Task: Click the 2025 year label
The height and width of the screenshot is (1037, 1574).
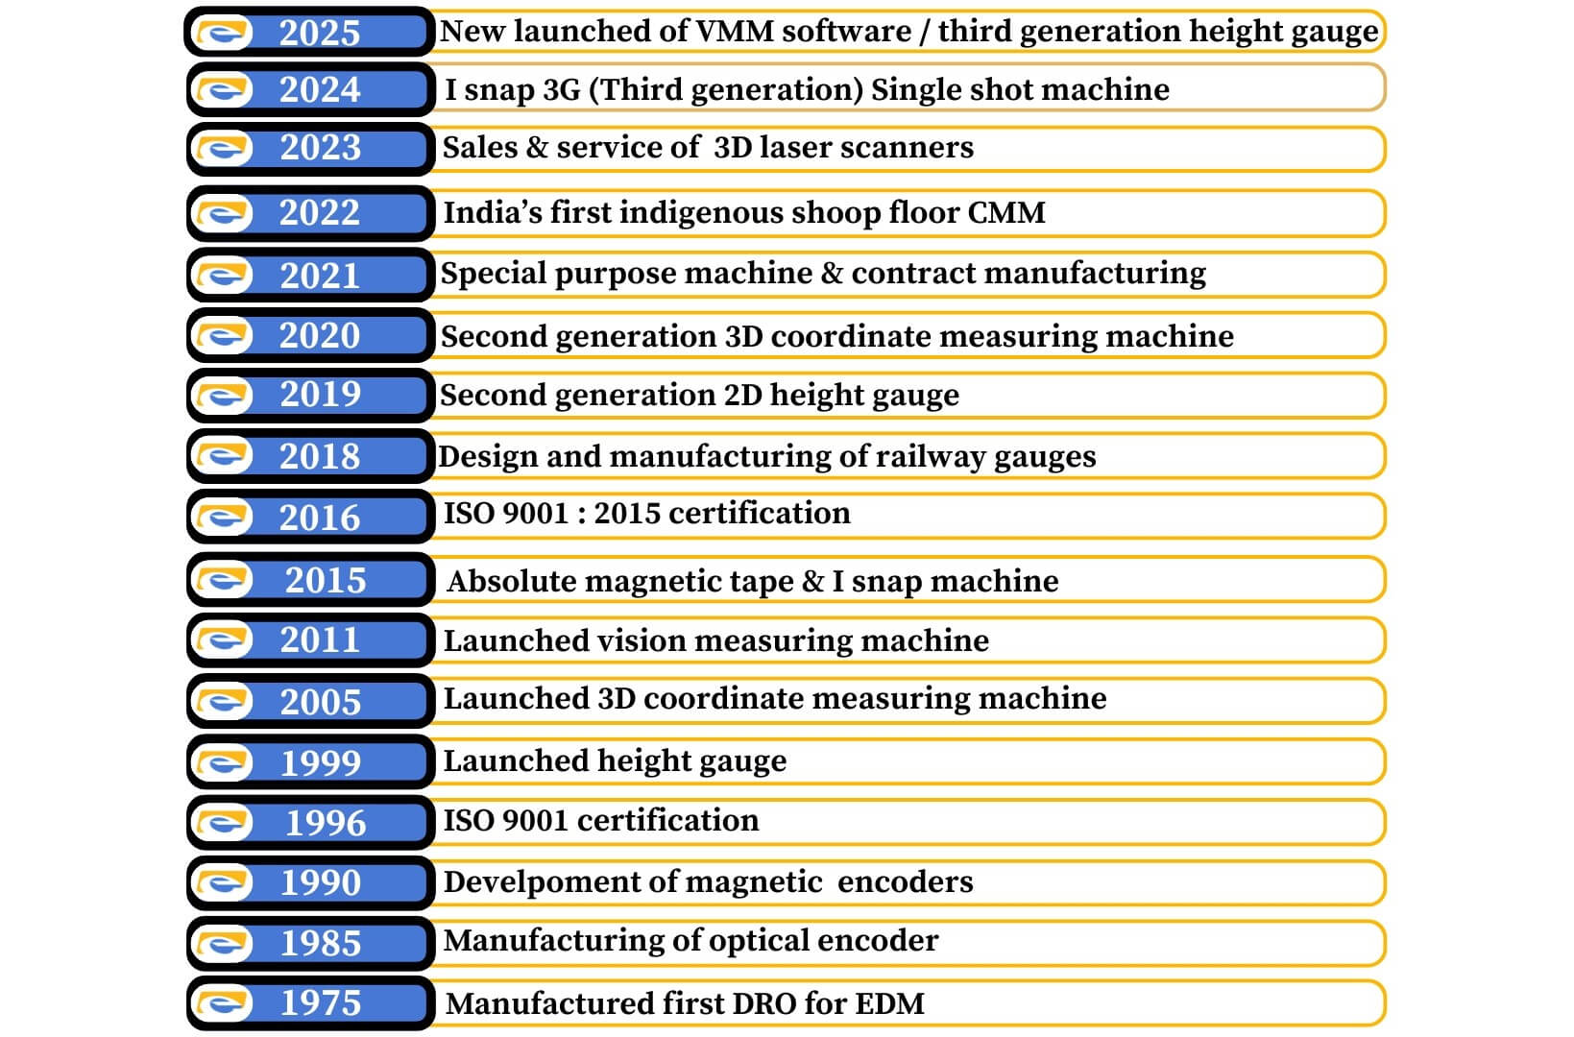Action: pos(319,33)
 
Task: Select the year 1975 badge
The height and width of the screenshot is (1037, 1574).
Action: pos(320,1003)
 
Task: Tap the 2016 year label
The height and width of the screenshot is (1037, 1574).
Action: pos(319,518)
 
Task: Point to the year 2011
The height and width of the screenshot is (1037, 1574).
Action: pos(319,640)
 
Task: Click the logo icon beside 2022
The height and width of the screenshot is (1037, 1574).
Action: pos(224,213)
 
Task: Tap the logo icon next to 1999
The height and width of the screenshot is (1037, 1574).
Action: pos(224,763)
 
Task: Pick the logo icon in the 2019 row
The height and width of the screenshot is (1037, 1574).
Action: pos(224,395)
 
